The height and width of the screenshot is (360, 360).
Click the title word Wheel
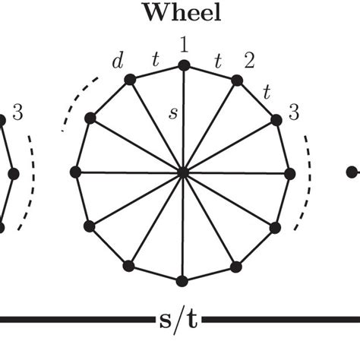coord(182,13)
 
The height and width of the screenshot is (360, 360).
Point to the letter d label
coord(117,61)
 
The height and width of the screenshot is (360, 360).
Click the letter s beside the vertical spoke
coord(173,114)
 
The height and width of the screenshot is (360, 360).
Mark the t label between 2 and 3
coord(267,93)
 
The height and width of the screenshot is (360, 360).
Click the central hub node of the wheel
coord(182,172)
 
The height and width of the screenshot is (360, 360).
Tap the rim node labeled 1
coord(182,65)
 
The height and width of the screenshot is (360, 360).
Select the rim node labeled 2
coord(236,80)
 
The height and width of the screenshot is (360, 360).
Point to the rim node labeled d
coord(129,79)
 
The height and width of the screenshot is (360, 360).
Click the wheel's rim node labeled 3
coord(275,118)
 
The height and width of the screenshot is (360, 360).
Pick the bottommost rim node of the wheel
coord(182,280)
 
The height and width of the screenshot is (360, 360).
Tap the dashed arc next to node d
coord(76,99)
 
